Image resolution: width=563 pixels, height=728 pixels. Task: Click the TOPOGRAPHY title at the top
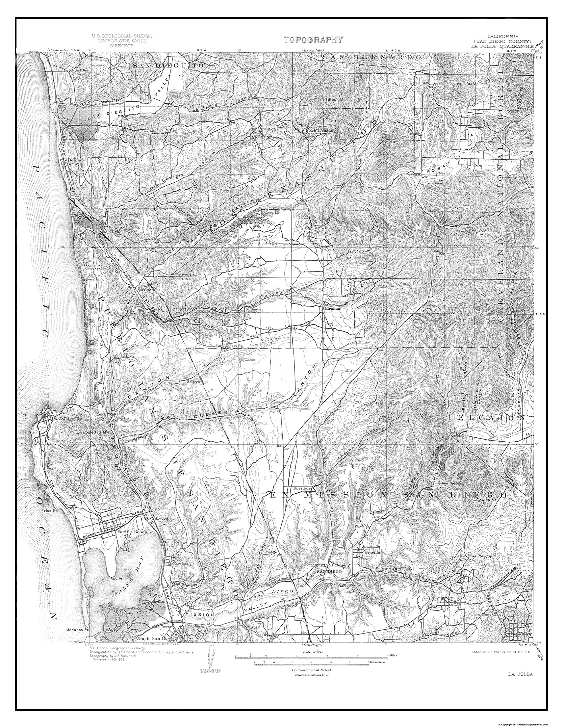313,40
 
